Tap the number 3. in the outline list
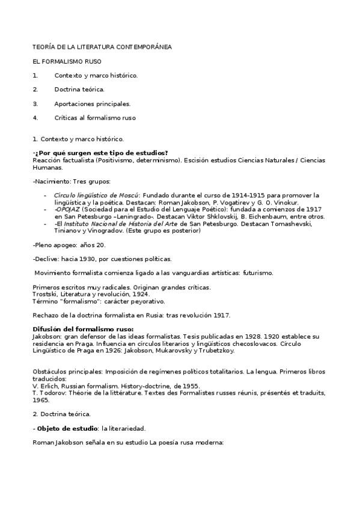pyautogui.click(x=35, y=103)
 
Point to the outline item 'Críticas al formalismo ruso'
pyautogui.click(x=95, y=118)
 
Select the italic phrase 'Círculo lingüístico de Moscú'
pyautogui.click(x=96, y=195)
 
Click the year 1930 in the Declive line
pyautogui.click(x=82, y=259)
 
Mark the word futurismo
pyautogui.click(x=258, y=273)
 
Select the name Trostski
pyautogui.click(x=46, y=294)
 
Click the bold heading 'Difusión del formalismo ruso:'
pyautogui.click(x=83, y=330)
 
